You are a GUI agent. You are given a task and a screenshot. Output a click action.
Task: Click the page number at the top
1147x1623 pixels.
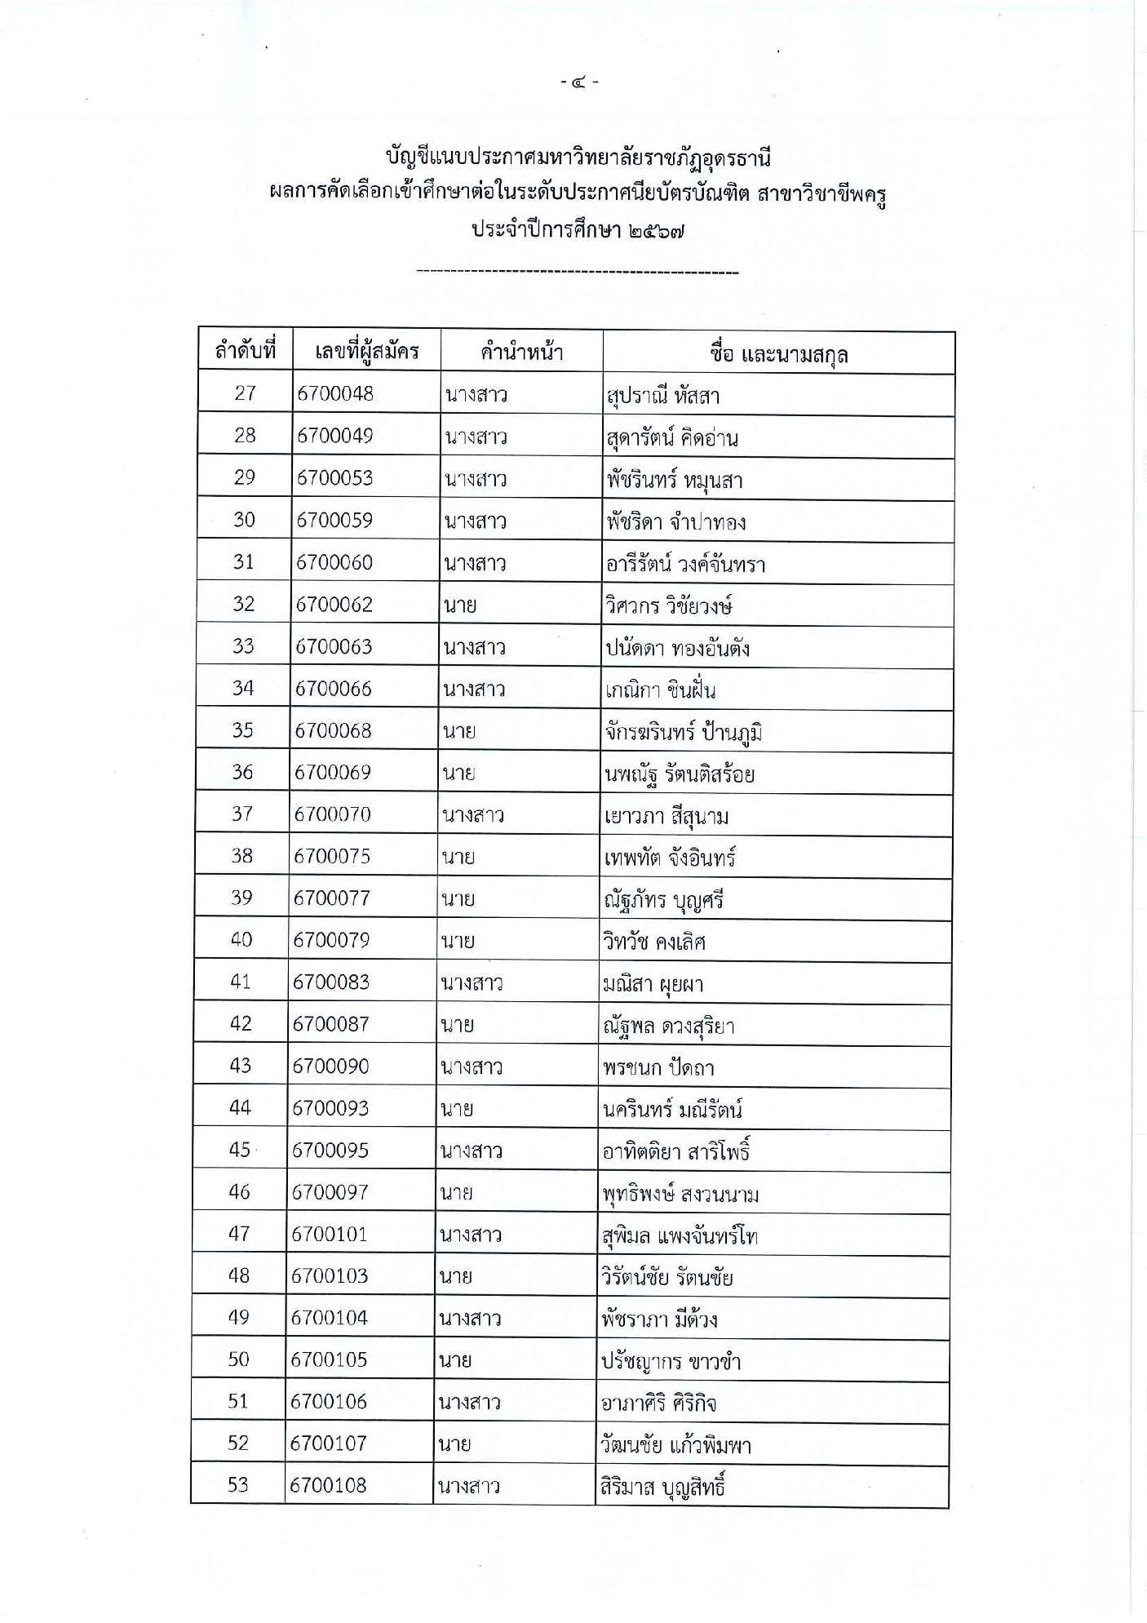pyautogui.click(x=579, y=82)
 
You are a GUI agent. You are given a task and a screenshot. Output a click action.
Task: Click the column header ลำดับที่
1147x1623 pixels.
pyautogui.click(x=245, y=352)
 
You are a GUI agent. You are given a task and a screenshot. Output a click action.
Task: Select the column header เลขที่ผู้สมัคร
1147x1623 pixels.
pyautogui.click(x=366, y=352)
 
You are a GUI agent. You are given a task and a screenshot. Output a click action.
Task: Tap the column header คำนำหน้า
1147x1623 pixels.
pyautogui.click(x=521, y=353)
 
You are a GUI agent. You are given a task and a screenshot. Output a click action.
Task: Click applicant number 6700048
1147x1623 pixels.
pyautogui.click(x=335, y=393)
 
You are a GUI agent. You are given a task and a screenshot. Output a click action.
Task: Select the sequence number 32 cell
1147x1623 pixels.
pyautogui.click(x=244, y=604)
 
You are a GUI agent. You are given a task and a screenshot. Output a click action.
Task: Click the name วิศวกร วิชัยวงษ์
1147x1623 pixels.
pyautogui.click(x=669, y=605)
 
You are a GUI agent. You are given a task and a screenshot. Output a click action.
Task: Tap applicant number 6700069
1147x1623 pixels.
pyautogui.click(x=333, y=772)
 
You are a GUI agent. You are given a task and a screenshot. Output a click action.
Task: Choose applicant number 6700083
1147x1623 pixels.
pyautogui.click(x=331, y=982)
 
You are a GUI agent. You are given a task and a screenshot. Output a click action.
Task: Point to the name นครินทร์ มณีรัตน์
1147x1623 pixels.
pyautogui.click(x=672, y=1109)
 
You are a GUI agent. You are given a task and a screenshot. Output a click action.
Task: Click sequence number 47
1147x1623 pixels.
pyautogui.click(x=239, y=1234)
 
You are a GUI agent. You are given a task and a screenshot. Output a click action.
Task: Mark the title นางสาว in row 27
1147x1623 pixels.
pyautogui.click(x=476, y=395)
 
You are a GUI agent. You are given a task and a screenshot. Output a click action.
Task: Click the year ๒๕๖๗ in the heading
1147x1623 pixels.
pyautogui.click(x=657, y=230)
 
